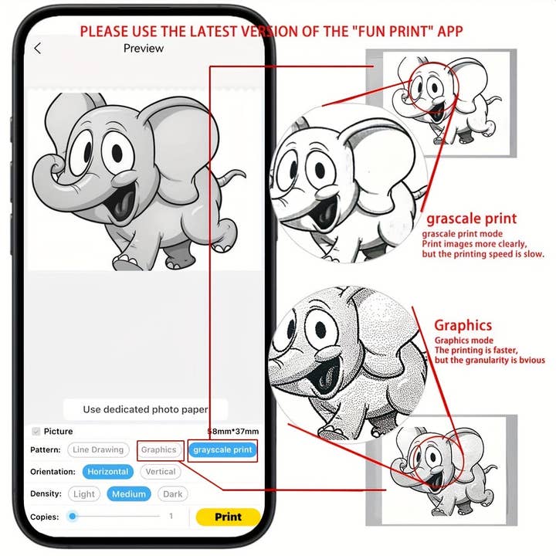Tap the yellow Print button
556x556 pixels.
228,517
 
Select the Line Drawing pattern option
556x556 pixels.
98,449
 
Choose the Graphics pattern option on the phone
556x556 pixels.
159,449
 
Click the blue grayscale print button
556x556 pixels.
222,449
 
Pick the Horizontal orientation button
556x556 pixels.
108,472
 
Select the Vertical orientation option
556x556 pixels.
161,472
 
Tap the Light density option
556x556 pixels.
84,494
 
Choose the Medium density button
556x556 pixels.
129,494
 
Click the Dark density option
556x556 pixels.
173,494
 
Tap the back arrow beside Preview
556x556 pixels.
38,48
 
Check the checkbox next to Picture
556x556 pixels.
36,431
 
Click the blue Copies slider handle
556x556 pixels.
73,517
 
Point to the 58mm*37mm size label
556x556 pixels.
233,431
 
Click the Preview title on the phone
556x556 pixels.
144,48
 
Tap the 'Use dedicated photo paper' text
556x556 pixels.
145,409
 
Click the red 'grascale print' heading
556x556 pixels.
472,219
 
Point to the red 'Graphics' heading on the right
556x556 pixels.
463,325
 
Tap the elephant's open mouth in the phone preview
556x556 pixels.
122,205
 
